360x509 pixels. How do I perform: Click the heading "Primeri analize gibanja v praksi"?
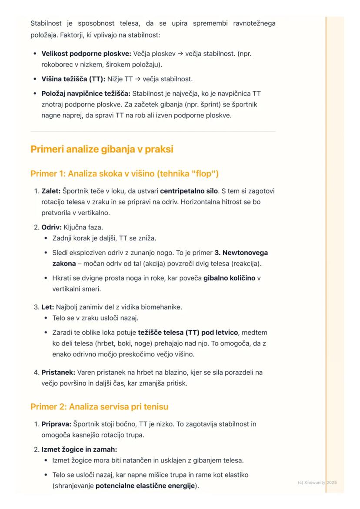click(x=102, y=149)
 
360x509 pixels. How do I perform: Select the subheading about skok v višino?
click(x=124, y=174)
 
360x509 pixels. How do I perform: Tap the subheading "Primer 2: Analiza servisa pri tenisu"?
click(x=99, y=407)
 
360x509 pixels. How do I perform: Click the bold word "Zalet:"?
click(x=51, y=191)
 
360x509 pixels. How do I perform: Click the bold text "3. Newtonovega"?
click(x=241, y=253)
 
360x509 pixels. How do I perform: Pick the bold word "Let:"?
click(x=47, y=307)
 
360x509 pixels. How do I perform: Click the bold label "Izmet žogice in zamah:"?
click(x=76, y=449)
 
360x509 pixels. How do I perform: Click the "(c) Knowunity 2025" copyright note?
click(x=317, y=483)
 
